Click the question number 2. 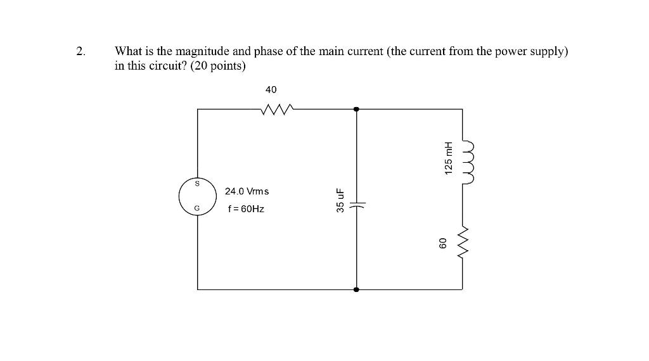pyautogui.click(x=80, y=52)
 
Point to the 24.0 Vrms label pyautogui.click(x=247, y=191)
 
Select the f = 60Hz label pyautogui.click(x=246, y=208)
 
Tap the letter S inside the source pyautogui.click(x=197, y=184)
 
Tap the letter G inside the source pyautogui.click(x=197, y=207)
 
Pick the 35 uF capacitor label pyautogui.click(x=340, y=199)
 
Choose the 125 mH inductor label pyautogui.click(x=449, y=158)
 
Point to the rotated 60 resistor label pyautogui.click(x=444, y=243)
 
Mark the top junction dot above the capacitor pyautogui.click(x=357, y=110)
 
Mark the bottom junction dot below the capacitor pyautogui.click(x=357, y=289)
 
